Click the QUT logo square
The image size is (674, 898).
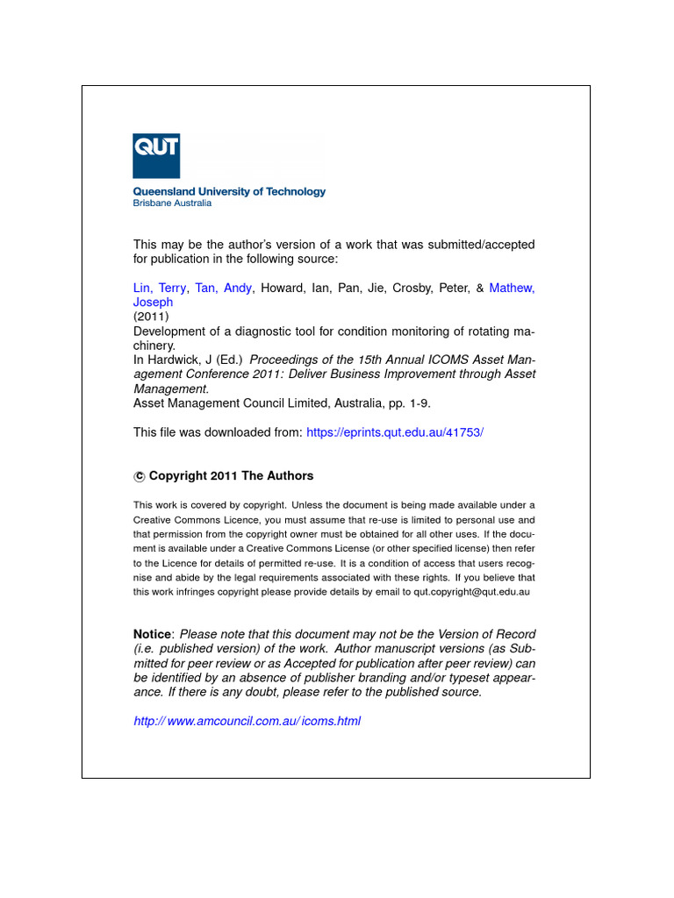[156, 156]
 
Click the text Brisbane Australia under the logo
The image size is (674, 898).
[172, 203]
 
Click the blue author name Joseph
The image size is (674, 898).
[153, 302]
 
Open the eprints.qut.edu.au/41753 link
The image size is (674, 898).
[395, 432]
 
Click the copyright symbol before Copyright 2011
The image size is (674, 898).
[139, 476]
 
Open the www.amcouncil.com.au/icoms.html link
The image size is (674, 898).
[247, 721]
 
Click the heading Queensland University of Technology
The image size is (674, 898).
[229, 191]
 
